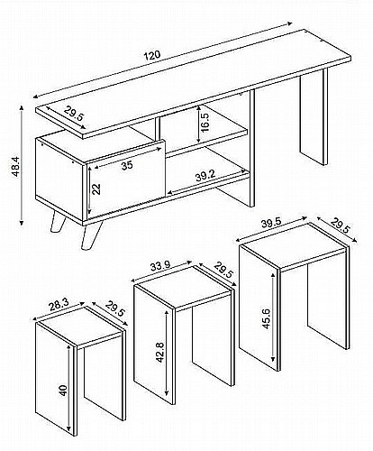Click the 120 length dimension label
point(153,55)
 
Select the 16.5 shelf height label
point(205,123)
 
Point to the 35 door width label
point(127,165)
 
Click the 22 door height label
point(96,189)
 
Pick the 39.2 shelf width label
point(205,176)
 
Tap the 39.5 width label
point(271,223)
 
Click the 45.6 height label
point(267,318)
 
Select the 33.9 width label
point(160,266)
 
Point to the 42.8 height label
point(159,352)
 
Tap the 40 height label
point(64,391)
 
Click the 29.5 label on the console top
point(73,114)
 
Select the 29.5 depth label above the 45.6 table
point(341,225)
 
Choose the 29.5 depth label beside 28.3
point(114,308)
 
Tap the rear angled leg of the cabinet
point(58,222)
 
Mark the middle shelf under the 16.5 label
point(207,143)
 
